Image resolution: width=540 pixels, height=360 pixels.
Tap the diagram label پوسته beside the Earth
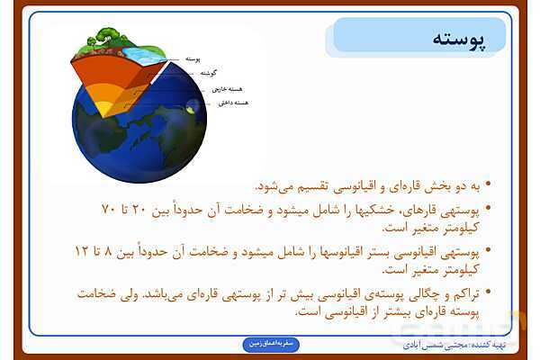[192, 58]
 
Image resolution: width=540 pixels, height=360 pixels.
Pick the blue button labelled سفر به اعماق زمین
[276, 343]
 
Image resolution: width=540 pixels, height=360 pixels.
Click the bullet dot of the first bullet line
[488, 188]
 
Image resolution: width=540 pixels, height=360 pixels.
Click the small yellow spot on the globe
[193, 109]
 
